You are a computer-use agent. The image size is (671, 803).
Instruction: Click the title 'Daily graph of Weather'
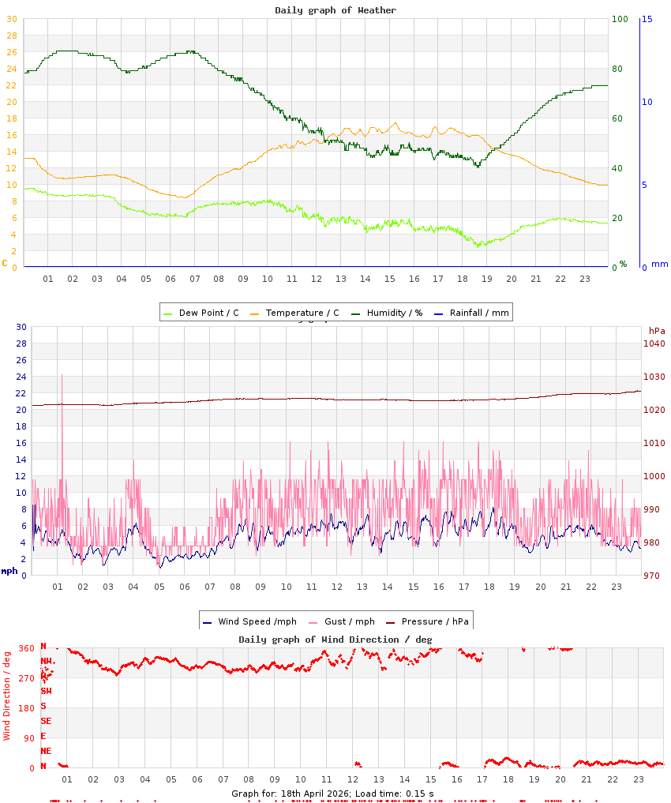click(x=335, y=10)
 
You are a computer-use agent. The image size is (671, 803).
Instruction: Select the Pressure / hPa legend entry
click(x=434, y=621)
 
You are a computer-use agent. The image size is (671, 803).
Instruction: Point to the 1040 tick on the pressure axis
click(x=654, y=343)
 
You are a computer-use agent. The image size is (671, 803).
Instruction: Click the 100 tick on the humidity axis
click(x=620, y=19)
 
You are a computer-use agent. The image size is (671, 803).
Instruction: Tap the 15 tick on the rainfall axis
click(x=647, y=19)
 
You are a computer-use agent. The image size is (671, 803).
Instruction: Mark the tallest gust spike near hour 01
click(x=62, y=377)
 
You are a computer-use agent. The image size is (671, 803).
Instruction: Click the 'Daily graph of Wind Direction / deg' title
click(x=335, y=639)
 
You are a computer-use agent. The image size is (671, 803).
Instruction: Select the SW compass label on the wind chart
click(x=46, y=691)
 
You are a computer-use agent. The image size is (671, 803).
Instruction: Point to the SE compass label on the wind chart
click(x=46, y=721)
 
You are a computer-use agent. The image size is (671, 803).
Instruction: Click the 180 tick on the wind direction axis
click(x=26, y=708)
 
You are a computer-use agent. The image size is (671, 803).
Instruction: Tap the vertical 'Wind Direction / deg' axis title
click(x=7, y=695)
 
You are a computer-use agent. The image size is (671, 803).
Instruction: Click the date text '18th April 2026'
click(x=306, y=793)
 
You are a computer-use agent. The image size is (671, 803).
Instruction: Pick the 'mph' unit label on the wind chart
click(x=9, y=570)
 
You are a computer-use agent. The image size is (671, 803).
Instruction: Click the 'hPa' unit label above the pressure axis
click(x=657, y=330)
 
